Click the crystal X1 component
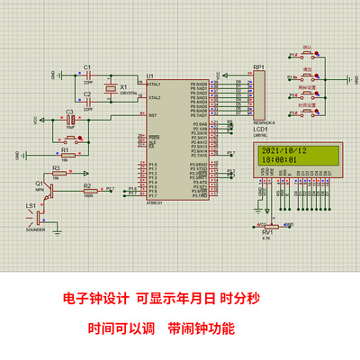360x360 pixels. pyautogui.click(x=111, y=88)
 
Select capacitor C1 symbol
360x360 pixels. pyautogui.click(x=87, y=75)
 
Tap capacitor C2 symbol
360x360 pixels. pyautogui.click(x=87, y=101)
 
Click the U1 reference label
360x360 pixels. pyautogui.click(x=149, y=75)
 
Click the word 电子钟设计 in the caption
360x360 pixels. pyautogui.click(x=96, y=298)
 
